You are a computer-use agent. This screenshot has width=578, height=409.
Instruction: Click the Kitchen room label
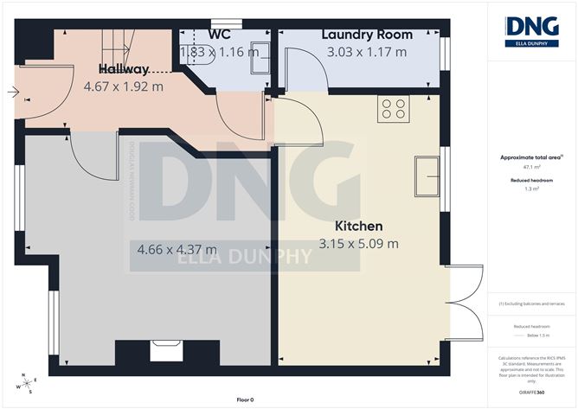(x=358, y=227)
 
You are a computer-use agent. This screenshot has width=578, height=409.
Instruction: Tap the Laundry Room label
(x=367, y=35)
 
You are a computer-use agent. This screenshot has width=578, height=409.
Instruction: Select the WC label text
(x=219, y=35)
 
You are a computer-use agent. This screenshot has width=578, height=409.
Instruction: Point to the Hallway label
(x=124, y=69)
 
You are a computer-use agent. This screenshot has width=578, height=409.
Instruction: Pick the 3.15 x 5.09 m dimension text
(x=358, y=244)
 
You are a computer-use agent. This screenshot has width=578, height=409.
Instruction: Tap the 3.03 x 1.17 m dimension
(x=367, y=52)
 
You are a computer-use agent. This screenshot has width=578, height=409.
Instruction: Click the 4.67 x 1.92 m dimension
(x=124, y=86)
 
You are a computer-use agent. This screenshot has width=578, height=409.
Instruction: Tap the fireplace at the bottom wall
(x=163, y=349)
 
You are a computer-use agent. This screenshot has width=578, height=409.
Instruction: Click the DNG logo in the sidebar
(x=531, y=30)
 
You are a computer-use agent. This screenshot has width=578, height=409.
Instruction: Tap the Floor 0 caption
(x=246, y=399)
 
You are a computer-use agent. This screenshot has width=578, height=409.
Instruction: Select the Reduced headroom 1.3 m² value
(x=531, y=188)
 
